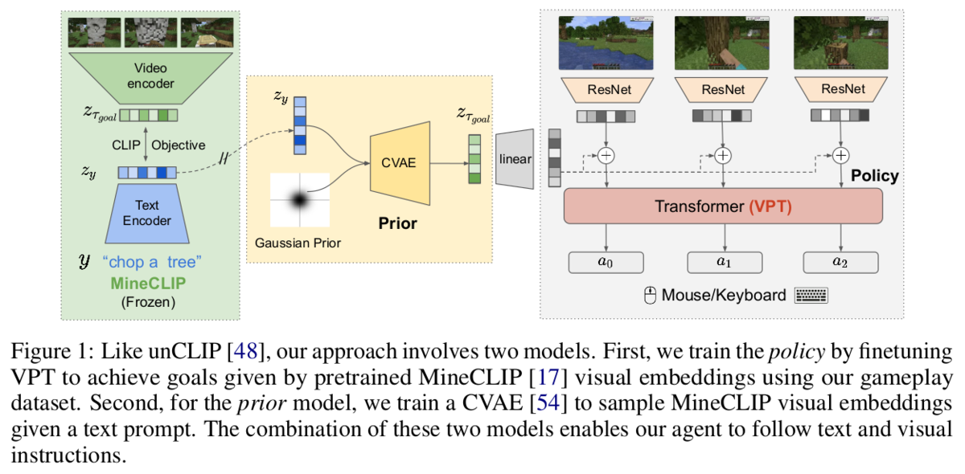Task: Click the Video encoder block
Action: point(150,78)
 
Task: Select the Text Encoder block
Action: point(147,214)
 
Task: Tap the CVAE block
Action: point(400,163)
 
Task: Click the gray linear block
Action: point(515,159)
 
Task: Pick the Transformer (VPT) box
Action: point(723,206)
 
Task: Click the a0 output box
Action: point(606,262)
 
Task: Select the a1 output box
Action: point(725,262)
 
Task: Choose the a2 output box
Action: point(840,262)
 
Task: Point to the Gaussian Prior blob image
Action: point(300,200)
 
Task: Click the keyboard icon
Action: point(811,296)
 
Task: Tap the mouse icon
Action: point(650,296)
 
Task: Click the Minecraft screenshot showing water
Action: point(606,43)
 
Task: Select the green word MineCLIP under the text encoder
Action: point(148,283)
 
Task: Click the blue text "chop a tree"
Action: point(152,262)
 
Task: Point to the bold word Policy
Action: point(875,176)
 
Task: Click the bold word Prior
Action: point(397,223)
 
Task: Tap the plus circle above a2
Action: point(841,155)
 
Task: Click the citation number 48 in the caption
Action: point(245,351)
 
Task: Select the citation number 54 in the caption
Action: point(548,403)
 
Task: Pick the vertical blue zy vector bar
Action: point(300,125)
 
